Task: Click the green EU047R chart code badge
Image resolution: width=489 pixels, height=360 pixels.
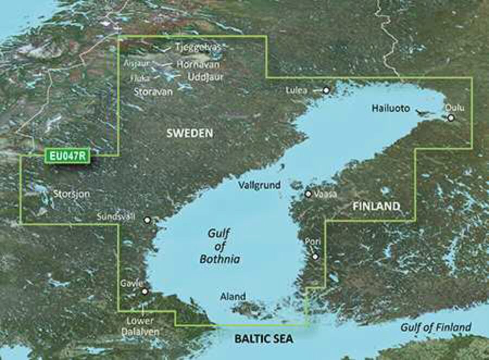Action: click(66, 157)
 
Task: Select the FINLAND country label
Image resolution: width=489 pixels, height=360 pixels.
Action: click(377, 207)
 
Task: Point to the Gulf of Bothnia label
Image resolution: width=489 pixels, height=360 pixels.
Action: click(220, 246)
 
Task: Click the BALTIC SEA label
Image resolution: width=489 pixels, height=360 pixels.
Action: click(264, 339)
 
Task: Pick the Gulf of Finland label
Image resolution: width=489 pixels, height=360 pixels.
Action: click(436, 327)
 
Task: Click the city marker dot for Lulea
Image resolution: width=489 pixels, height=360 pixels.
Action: click(327, 90)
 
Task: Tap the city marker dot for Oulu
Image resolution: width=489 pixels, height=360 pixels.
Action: click(450, 117)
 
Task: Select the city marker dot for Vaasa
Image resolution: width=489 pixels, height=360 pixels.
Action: click(308, 194)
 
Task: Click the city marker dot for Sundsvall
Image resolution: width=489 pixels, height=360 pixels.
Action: click(147, 220)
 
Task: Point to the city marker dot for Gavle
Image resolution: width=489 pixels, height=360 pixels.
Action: click(145, 291)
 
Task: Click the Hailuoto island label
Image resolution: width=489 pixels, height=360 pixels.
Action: click(391, 108)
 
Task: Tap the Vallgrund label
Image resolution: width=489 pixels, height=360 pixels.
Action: click(260, 185)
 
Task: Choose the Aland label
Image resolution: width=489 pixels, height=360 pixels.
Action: click(233, 297)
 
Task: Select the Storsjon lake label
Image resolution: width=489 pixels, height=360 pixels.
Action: click(72, 193)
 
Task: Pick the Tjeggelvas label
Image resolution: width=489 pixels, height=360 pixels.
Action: click(198, 47)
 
